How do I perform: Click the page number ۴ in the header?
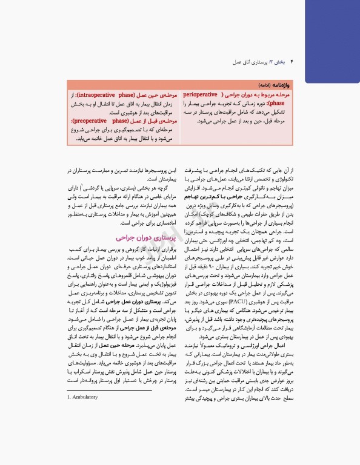(x=293, y=62)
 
